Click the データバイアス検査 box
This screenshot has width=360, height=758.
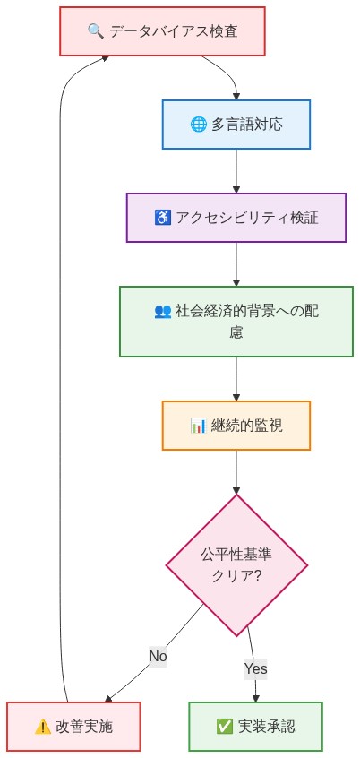[162, 31]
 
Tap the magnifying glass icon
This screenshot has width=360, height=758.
[96, 31]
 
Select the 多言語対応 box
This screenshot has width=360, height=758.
[236, 124]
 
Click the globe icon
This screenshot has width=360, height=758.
[199, 125]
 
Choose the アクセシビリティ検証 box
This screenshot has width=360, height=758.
[236, 218]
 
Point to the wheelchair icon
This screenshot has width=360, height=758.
[163, 218]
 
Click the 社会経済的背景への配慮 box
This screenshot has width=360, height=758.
[236, 322]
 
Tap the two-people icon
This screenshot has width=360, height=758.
[163, 311]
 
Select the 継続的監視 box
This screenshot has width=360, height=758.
[236, 426]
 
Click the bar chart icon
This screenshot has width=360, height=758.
[199, 426]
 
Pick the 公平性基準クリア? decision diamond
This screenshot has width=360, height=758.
[236, 565]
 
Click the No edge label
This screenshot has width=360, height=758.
[158, 656]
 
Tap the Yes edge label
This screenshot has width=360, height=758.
[255, 668]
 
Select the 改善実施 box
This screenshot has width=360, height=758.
[73, 727]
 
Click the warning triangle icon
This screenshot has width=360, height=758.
[42, 727]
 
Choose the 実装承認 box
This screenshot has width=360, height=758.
[256, 727]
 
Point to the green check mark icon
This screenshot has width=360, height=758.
[224, 727]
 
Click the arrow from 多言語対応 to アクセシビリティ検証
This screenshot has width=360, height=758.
[236, 170]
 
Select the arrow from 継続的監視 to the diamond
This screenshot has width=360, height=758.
[236, 471]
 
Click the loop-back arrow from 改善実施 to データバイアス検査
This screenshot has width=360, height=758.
[60, 358]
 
